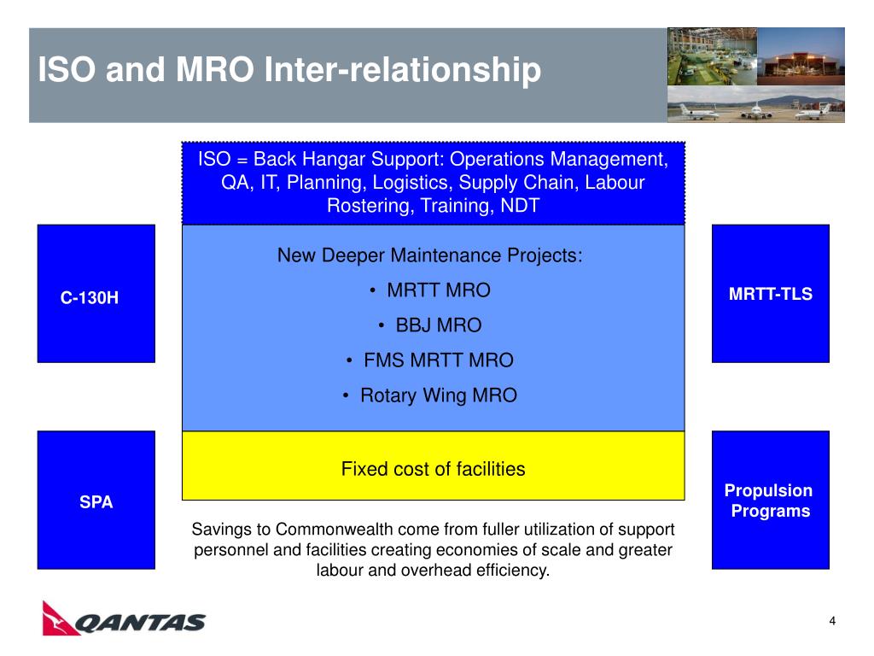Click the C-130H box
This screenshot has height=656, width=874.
coord(96,294)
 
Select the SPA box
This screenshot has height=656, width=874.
coord(96,500)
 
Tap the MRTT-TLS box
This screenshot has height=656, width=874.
coord(771,294)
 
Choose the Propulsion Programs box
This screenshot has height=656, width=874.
coord(771,500)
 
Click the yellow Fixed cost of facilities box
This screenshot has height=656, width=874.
coord(433,466)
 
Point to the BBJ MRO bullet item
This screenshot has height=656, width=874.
coord(430,325)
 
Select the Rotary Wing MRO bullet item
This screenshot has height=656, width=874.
coord(430,395)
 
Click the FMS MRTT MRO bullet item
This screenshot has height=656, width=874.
coord(430,360)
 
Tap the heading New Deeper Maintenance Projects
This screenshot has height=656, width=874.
coord(430,255)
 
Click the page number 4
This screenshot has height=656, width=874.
coord(832,621)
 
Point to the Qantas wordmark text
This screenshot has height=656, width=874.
coord(140,623)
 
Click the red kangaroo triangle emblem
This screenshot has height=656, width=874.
coord(61,618)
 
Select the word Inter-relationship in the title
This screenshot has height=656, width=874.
coord(403,70)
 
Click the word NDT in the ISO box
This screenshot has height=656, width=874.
coord(520,205)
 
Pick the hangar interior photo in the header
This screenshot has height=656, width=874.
coord(712,56)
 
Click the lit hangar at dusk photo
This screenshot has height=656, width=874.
coord(801,56)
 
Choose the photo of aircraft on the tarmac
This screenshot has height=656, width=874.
coord(756,104)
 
